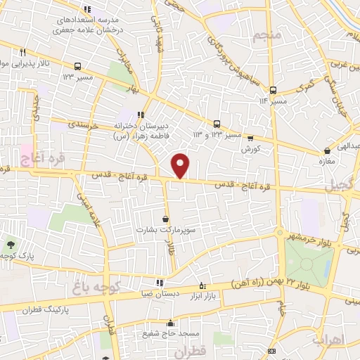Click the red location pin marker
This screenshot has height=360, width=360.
click(181, 165)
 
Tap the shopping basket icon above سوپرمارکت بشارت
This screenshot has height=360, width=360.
click(165, 219)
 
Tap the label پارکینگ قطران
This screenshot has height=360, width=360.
click(47, 309)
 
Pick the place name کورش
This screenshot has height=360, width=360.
click(251, 150)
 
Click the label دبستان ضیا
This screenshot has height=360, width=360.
click(159, 295)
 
